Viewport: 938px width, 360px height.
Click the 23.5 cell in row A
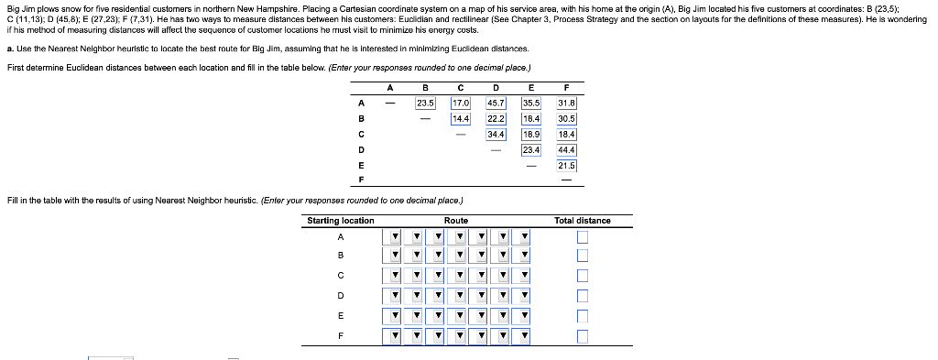pos(425,103)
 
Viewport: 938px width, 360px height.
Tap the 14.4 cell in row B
pos(461,118)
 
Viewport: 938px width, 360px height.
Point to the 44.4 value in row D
pos(566,149)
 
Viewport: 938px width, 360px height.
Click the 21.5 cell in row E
pos(566,165)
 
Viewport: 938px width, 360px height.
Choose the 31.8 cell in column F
pos(566,103)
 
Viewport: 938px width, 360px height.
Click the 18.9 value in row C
pos(531,134)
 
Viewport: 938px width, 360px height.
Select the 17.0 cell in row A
pos(461,103)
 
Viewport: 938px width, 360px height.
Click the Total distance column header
pos(582,221)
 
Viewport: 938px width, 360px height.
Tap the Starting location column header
pos(341,221)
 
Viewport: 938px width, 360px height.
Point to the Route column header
pos(456,221)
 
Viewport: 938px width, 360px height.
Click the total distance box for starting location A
pos(583,237)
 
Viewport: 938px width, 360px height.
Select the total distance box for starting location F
pos(583,337)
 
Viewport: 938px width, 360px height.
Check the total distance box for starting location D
pos(583,296)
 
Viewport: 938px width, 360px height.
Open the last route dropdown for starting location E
pos(524,316)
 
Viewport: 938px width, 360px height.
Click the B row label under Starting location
pos(341,256)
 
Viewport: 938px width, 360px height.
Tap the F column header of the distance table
pos(566,87)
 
